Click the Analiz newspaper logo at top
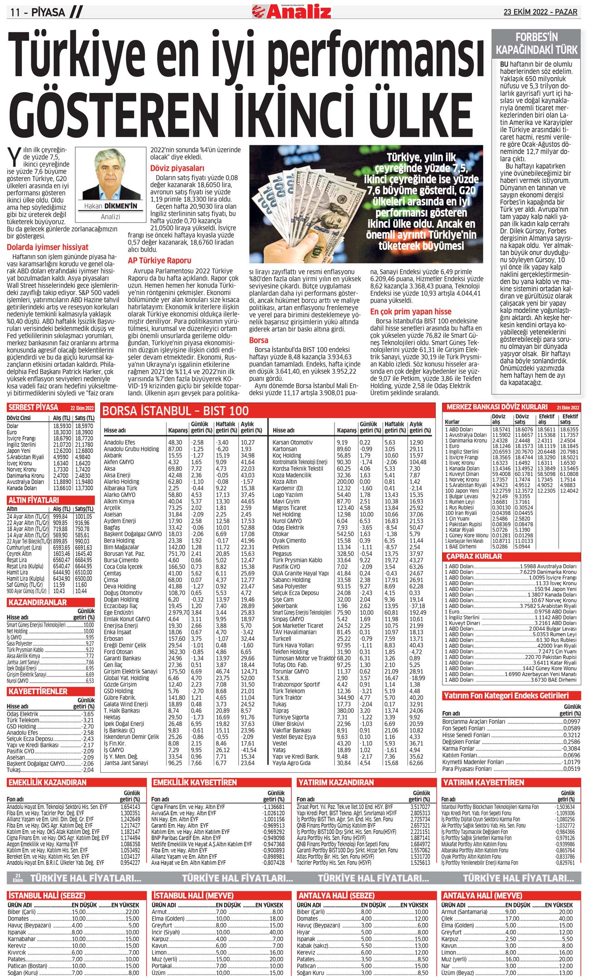(x=292, y=11)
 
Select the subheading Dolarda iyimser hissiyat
(x=48, y=247)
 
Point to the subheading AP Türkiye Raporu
(x=159, y=261)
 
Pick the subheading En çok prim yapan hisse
(x=411, y=312)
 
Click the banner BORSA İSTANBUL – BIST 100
(x=176, y=411)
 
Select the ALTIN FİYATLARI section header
(x=34, y=500)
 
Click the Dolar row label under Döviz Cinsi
(x=13, y=426)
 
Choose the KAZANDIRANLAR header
(x=37, y=603)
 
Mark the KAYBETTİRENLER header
(x=38, y=692)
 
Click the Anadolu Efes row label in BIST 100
(x=119, y=442)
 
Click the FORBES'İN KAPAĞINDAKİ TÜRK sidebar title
(x=536, y=44)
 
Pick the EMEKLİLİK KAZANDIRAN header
(x=47, y=782)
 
